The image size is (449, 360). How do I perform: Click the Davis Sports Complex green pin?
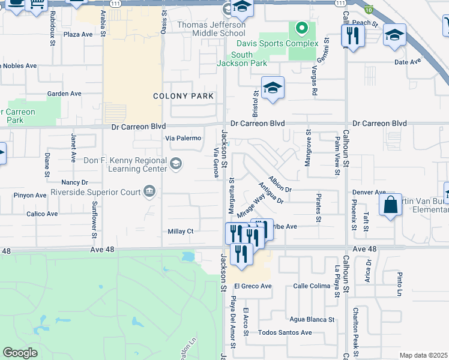(302, 29)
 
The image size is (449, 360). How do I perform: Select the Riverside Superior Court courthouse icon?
(149, 192)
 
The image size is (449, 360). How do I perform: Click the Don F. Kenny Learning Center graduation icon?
(176, 163)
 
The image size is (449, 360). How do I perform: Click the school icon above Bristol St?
(272, 88)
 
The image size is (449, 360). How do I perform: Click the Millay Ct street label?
(180, 231)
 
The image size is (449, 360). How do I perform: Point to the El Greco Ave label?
(253, 286)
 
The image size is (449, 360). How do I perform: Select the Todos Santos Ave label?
(285, 332)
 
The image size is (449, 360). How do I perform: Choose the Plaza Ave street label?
(77, 34)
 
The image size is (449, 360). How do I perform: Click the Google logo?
(20, 352)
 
